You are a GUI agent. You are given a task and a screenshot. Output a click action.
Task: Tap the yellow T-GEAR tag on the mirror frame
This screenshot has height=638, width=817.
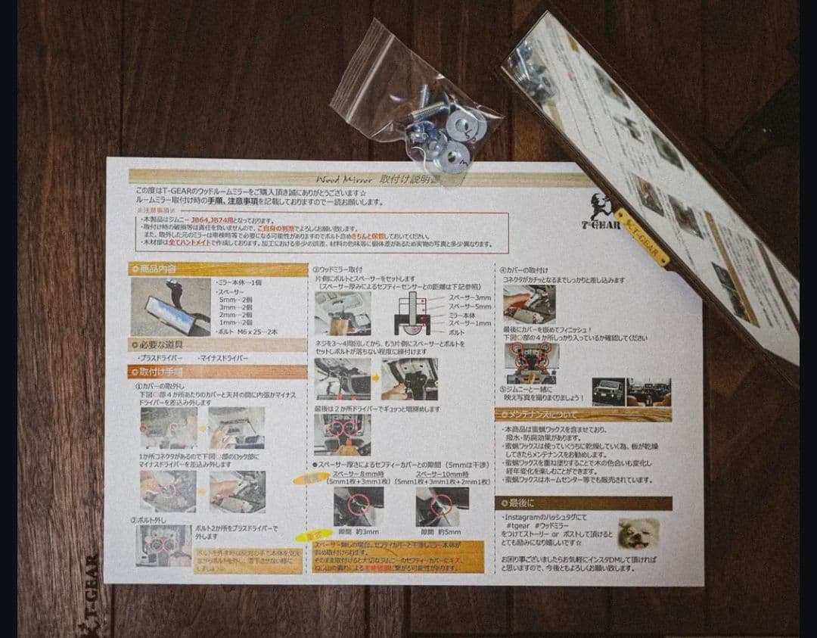[641, 237]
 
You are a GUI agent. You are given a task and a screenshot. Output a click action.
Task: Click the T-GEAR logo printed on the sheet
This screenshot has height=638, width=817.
[603, 216]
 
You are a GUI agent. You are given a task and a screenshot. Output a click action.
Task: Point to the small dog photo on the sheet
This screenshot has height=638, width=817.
[638, 533]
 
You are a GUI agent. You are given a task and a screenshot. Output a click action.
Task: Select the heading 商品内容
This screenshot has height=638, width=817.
[158, 269]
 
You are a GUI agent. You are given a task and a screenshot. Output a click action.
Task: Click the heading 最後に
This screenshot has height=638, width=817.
[523, 503]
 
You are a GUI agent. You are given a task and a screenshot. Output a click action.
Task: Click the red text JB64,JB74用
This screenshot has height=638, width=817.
[214, 219]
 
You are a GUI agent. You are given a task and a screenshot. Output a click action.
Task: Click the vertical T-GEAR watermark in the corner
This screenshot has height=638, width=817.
[89, 598]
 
